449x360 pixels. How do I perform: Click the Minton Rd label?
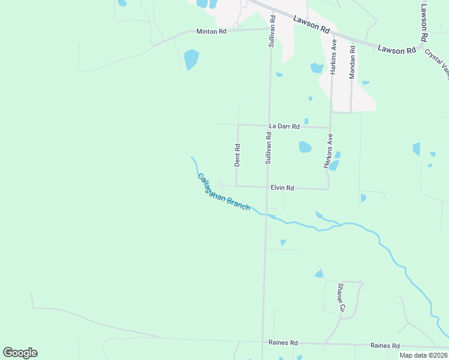[x=211, y=31]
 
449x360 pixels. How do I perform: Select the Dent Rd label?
[x=237, y=155]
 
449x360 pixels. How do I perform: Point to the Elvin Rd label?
[x=282, y=188]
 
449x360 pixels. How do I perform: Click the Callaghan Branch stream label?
[x=223, y=192]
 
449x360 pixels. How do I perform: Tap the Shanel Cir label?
[x=341, y=298]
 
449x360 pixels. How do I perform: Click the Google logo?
[x=20, y=353]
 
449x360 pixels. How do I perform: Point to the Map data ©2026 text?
[x=424, y=355]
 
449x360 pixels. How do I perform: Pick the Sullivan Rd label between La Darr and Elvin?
[x=268, y=149]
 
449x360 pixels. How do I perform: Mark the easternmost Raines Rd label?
[x=385, y=346]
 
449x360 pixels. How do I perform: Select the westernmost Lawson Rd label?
[x=312, y=24]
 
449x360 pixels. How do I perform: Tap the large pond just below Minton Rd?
[x=191, y=59]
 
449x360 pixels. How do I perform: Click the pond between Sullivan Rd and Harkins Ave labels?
[x=305, y=147]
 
